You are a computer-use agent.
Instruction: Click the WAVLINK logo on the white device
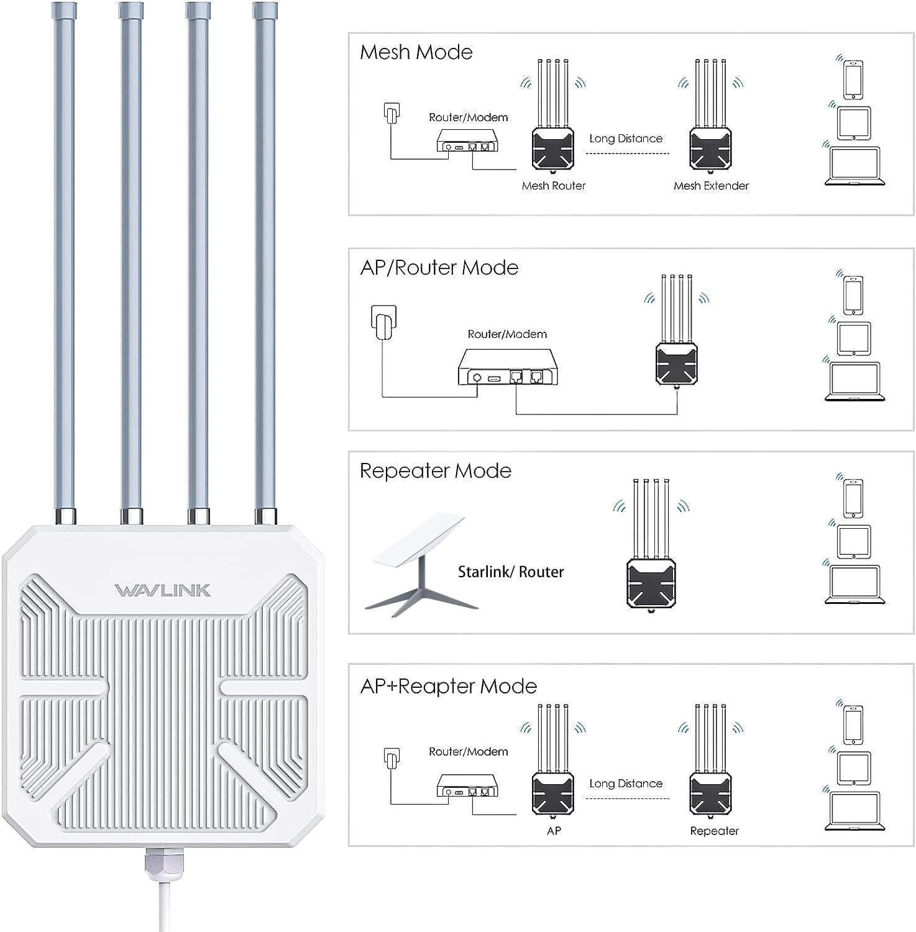(x=162, y=590)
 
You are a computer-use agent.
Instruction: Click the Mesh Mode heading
(x=416, y=52)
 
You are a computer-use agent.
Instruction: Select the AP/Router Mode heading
(x=439, y=268)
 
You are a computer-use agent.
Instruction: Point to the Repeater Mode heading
(x=435, y=471)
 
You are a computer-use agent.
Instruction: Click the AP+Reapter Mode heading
(x=448, y=686)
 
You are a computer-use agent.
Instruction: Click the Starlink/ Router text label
(x=510, y=572)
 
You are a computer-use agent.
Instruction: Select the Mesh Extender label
(x=711, y=186)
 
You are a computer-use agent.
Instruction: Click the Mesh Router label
(x=553, y=186)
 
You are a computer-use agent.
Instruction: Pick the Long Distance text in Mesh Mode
(x=626, y=139)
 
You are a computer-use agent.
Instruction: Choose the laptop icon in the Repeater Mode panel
(x=854, y=584)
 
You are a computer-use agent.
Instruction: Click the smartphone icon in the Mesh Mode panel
(x=853, y=79)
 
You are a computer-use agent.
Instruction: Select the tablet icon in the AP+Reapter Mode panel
(x=854, y=768)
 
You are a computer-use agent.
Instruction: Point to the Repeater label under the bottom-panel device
(x=714, y=831)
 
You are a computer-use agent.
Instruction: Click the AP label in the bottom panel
(x=554, y=831)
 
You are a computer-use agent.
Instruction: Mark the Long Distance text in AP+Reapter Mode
(x=626, y=784)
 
